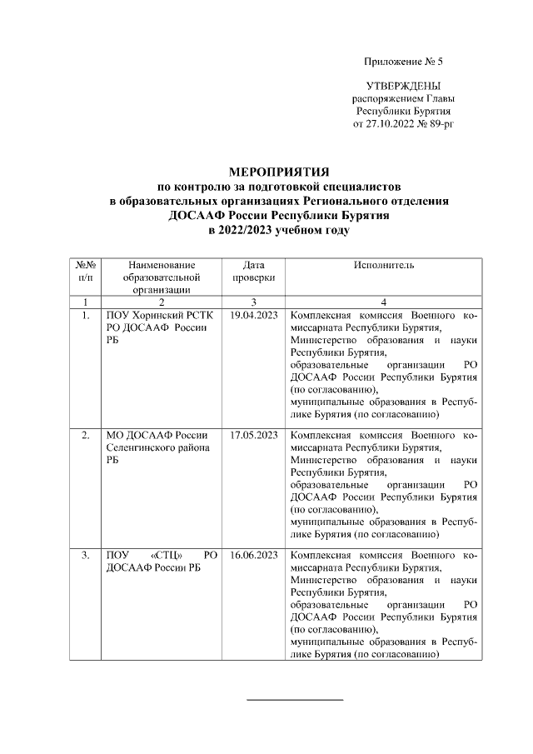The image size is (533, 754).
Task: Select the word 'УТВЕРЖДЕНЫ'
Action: pos(404,87)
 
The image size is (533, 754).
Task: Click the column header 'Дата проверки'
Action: pos(253,271)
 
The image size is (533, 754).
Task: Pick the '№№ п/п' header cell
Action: pos(85,271)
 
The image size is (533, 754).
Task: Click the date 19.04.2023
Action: pos(253,317)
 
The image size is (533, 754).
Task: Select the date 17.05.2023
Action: pos(253,436)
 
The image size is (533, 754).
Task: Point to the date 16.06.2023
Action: pos(253,554)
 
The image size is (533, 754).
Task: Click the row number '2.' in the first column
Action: pos(85,436)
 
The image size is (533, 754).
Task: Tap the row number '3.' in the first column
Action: pos(85,554)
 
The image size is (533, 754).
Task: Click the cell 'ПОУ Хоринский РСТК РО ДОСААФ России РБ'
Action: pos(155,329)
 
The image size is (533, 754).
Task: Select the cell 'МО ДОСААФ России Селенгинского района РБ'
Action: pos(157,447)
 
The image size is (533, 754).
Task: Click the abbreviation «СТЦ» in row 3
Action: pos(172,555)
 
